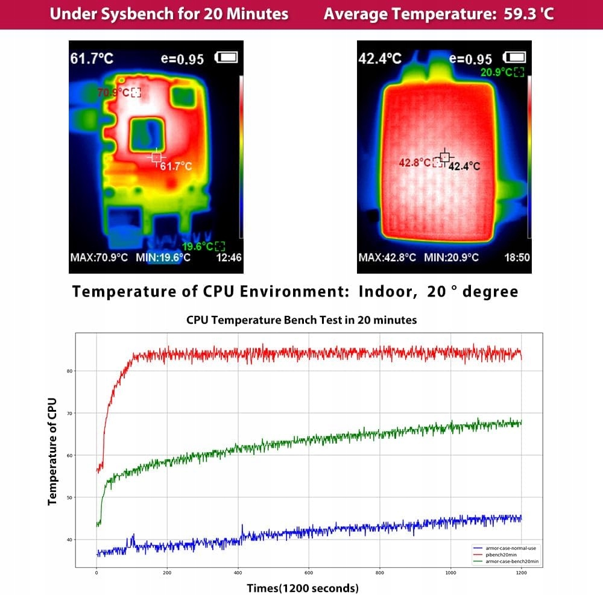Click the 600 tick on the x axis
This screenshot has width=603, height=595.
309,573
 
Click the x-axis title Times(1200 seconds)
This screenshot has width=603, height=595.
303,587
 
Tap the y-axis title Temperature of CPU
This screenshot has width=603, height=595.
52,451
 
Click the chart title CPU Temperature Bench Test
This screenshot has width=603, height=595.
301,320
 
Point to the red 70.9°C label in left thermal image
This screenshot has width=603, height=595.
113,92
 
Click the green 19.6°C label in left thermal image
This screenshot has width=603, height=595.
198,246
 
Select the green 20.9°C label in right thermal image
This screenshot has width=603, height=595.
496,72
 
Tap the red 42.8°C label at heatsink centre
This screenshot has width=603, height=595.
414,163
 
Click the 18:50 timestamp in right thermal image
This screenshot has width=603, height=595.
517,258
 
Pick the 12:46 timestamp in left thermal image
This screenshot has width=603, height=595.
229,258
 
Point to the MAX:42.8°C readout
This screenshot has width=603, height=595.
387,258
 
